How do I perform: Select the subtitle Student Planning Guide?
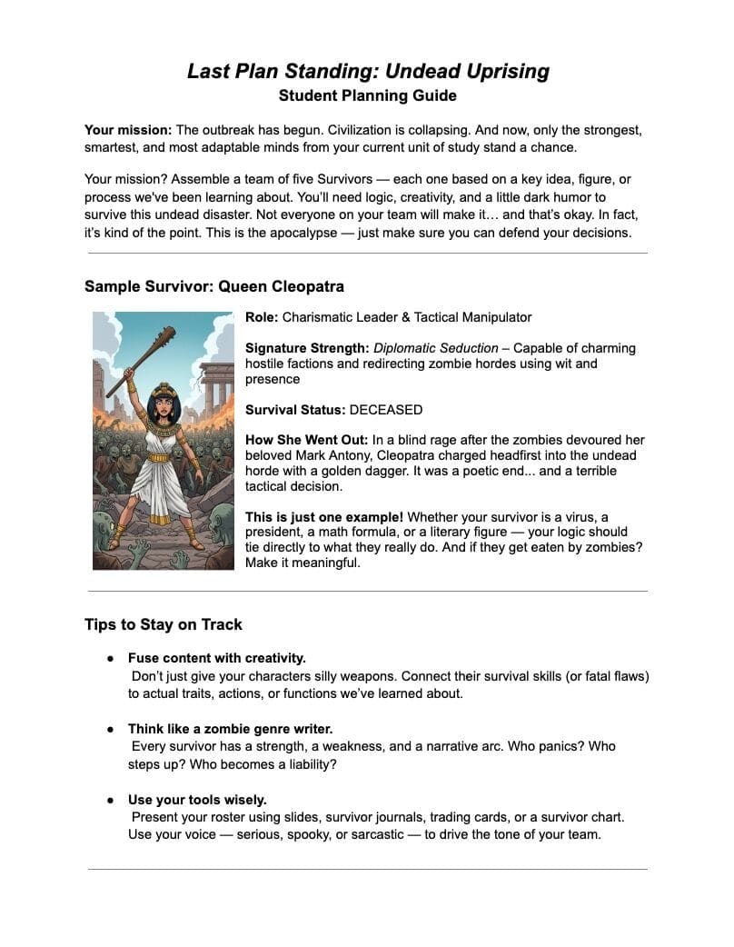pos(367,95)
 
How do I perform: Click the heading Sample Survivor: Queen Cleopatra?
pos(214,286)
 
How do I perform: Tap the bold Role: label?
pos(262,317)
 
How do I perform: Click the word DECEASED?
pos(386,410)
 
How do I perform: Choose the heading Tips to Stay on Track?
pos(164,624)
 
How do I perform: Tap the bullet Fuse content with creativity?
pos(217,657)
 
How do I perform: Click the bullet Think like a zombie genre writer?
pos(231,728)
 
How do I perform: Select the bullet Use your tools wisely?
pos(197,800)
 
